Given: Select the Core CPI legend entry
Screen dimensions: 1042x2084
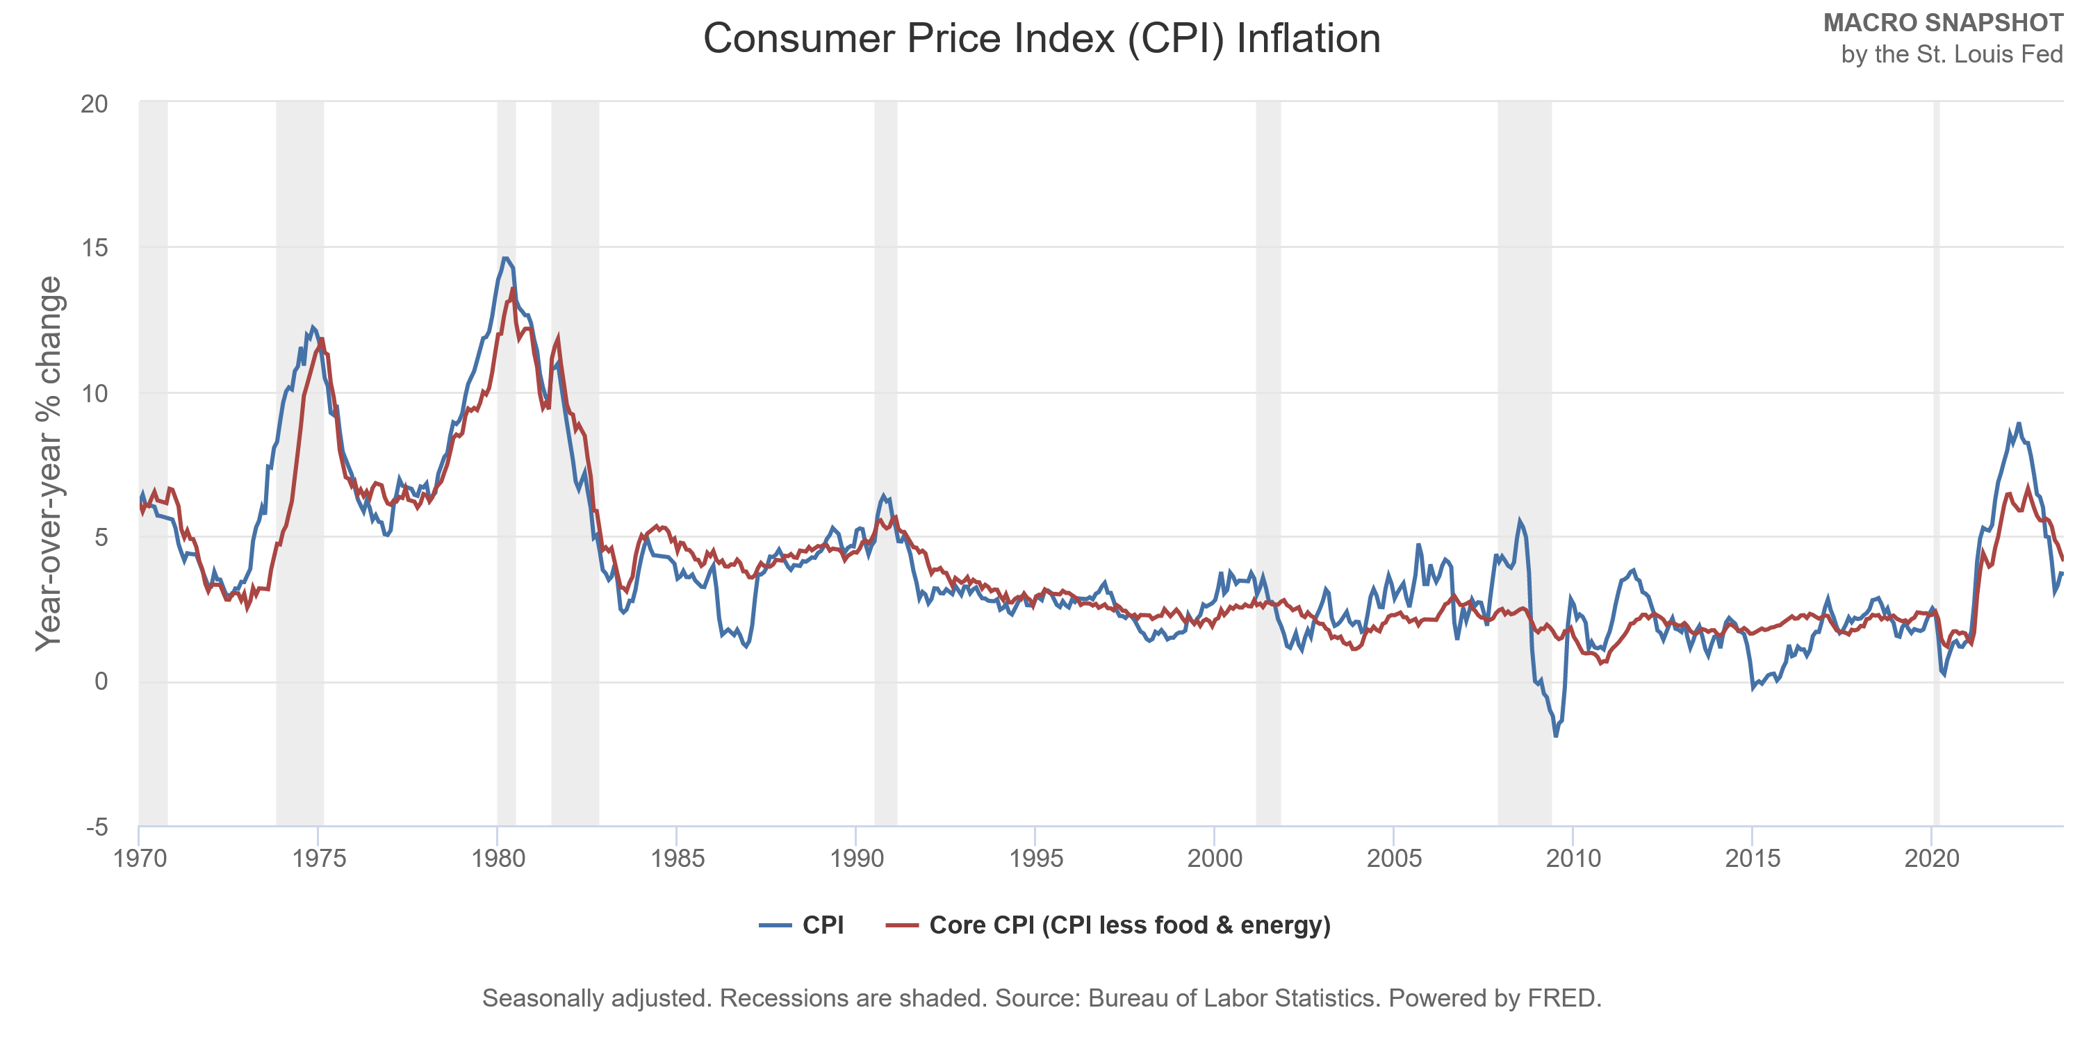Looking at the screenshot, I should click(1108, 925).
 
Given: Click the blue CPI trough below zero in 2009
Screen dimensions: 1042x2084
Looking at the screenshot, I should click(1556, 734).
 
